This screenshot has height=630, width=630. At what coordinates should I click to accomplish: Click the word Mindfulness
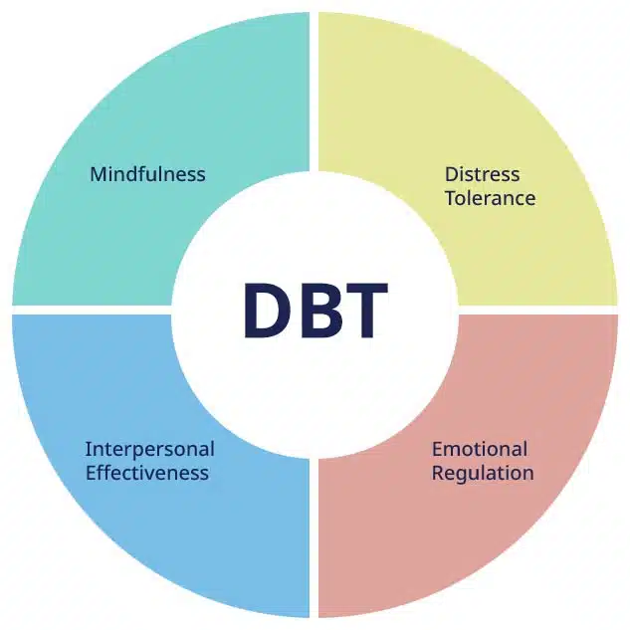pyautogui.click(x=147, y=174)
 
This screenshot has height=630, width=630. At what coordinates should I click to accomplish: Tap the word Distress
pyautogui.click(x=482, y=174)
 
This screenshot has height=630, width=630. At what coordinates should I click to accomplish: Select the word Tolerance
pyautogui.click(x=490, y=198)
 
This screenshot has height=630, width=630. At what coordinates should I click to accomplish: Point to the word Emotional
pyautogui.click(x=480, y=449)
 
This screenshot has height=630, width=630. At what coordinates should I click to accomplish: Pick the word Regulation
pyautogui.click(x=483, y=473)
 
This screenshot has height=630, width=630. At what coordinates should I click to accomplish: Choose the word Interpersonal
pyautogui.click(x=149, y=449)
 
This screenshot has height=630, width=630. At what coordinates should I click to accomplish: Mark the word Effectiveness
pyautogui.click(x=147, y=473)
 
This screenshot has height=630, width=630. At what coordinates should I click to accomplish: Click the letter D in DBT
pyautogui.click(x=267, y=310)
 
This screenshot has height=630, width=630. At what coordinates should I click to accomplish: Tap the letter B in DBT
pyautogui.click(x=316, y=310)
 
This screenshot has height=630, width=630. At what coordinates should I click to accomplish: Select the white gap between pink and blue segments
pyautogui.click(x=315, y=542)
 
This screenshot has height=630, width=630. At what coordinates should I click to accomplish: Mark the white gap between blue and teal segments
pyautogui.click(x=90, y=310)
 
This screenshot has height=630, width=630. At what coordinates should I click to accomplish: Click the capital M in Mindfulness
pyautogui.click(x=98, y=174)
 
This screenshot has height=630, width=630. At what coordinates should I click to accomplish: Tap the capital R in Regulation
pyautogui.click(x=438, y=473)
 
